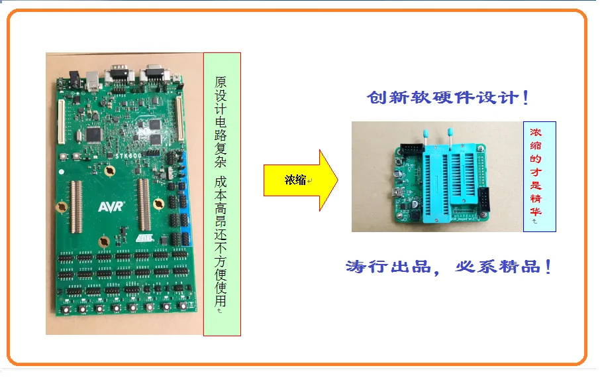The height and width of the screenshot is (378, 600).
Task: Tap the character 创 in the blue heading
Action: (376, 98)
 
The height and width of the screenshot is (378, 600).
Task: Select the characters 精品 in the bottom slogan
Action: (524, 268)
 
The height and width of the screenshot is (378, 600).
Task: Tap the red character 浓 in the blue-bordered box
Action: (536, 132)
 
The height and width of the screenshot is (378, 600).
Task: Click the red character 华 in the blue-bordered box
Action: (536, 212)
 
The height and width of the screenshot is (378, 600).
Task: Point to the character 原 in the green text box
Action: (221, 84)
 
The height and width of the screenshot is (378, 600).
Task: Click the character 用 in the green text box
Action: (221, 302)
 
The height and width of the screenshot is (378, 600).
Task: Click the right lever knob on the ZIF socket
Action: (451, 133)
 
